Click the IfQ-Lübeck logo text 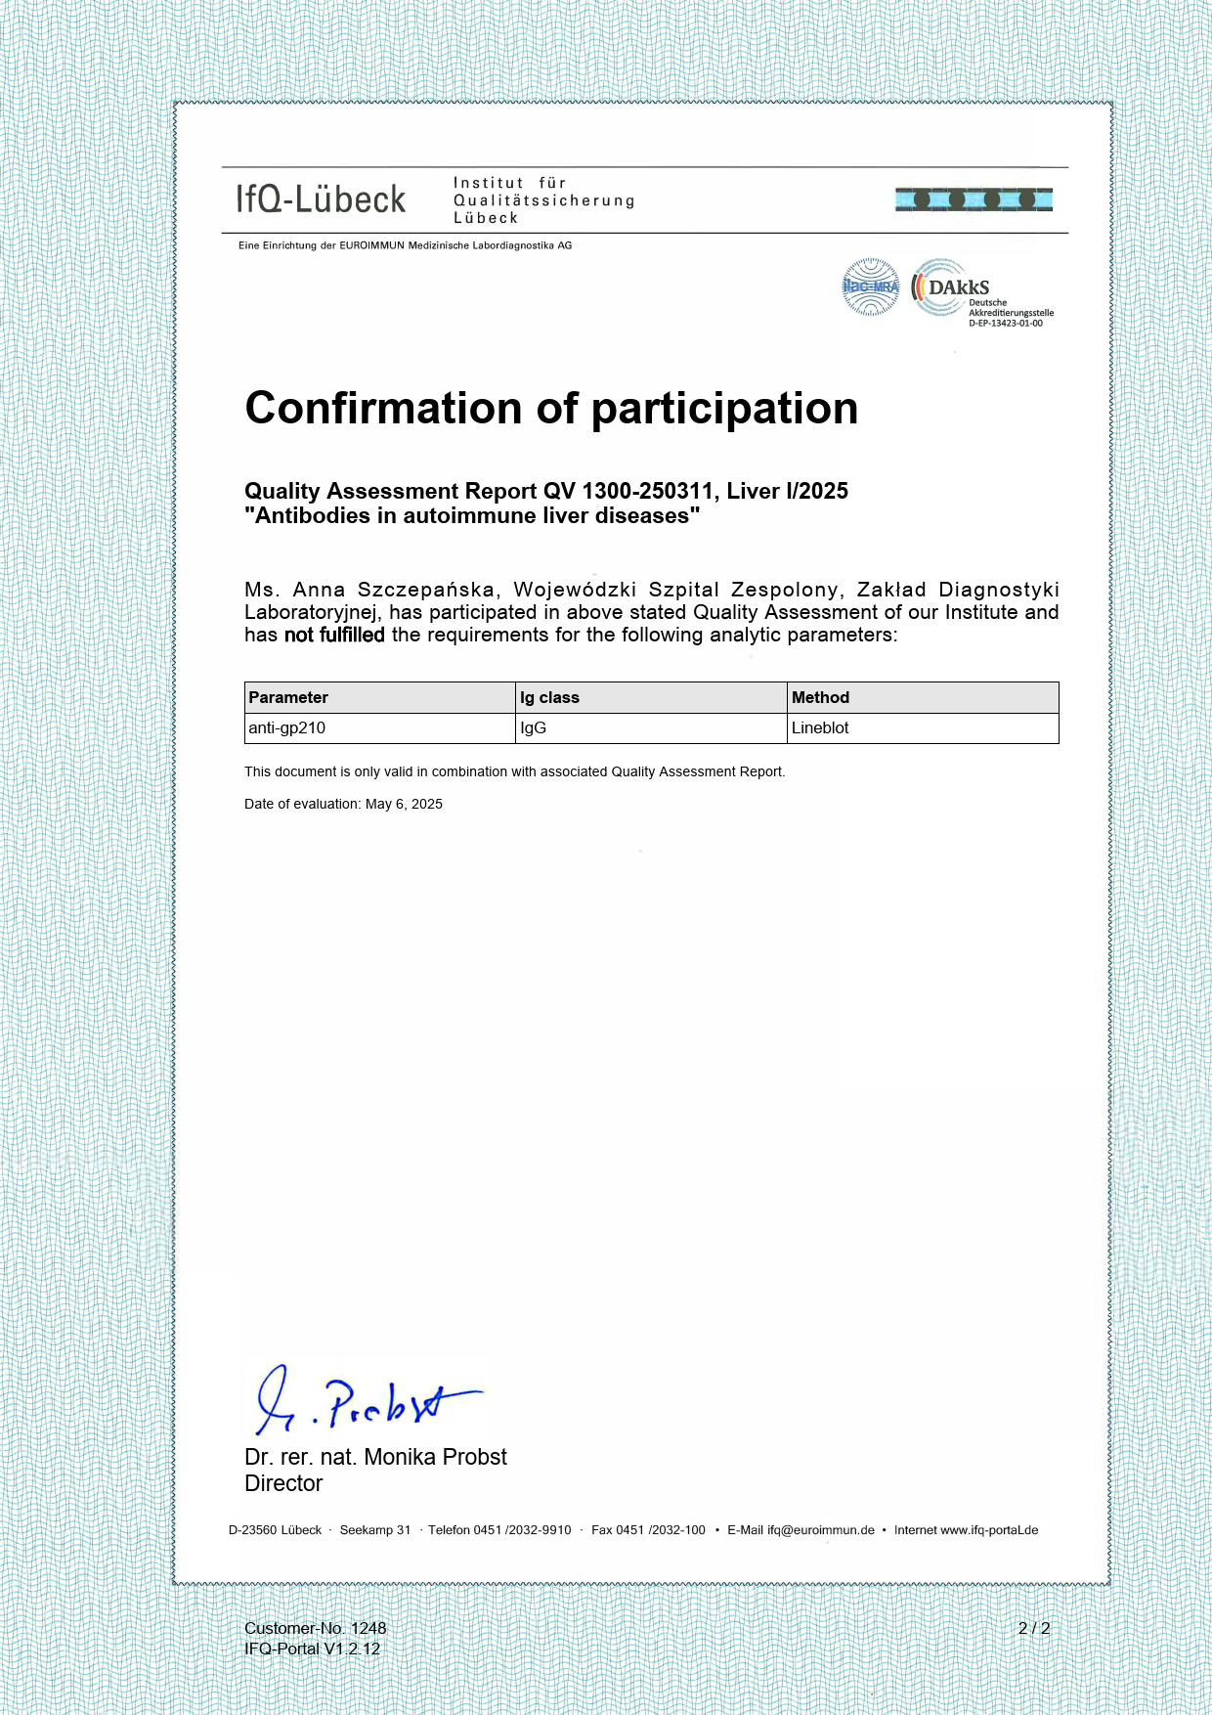coord(321,199)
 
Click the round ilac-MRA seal coord(870,287)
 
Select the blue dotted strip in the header coord(974,199)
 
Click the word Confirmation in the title coord(384,408)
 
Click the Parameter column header coord(288,697)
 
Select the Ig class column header coord(549,697)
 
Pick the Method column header coord(820,697)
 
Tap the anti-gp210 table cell coord(286,727)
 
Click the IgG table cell coord(533,727)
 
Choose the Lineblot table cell coord(820,727)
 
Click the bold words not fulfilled coord(334,635)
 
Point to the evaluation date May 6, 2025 coord(404,804)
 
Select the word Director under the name coord(283,1483)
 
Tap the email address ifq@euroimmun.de coord(820,1530)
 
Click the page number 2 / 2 coord(1033,1628)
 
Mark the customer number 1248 coord(368,1628)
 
